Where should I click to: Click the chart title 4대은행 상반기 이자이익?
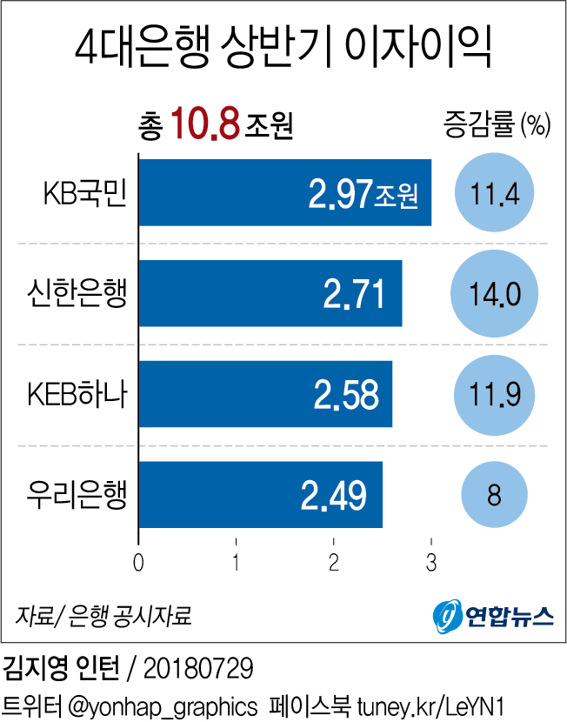(283, 50)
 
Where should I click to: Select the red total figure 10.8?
(205, 124)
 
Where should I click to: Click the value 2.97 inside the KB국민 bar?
(340, 194)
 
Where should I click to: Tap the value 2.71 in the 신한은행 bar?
(353, 294)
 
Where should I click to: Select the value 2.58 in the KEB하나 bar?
(346, 394)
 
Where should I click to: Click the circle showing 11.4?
(495, 193)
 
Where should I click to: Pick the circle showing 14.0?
(495, 294)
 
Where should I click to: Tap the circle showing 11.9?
(495, 394)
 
